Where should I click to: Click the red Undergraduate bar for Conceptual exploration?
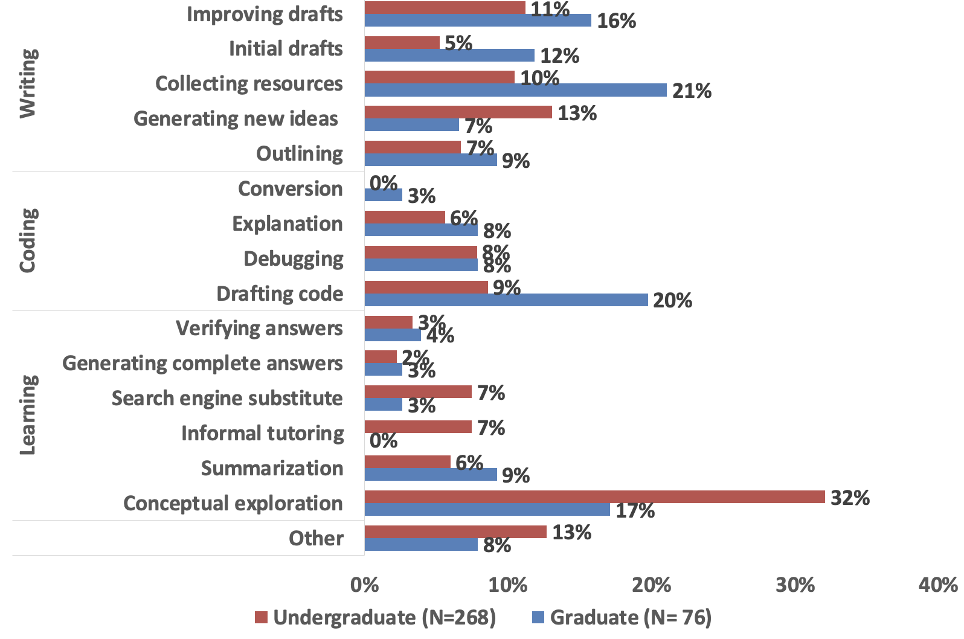594,496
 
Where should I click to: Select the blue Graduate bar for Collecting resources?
515,90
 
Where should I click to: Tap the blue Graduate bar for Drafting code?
506,300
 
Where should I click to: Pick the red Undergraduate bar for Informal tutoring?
418,427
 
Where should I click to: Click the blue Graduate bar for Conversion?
383,195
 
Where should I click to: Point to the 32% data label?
850,498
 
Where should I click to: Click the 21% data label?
692,91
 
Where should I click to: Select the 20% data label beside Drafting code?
672,300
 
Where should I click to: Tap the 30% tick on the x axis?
795,585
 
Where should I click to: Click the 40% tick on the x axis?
938,585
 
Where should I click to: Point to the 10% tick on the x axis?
508,585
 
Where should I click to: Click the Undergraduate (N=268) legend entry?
375,617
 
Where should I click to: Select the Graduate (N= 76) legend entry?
622,617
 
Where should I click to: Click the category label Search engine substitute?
227,399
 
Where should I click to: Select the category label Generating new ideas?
236,118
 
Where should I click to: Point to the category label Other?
316,538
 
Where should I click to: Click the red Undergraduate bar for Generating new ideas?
458,112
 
